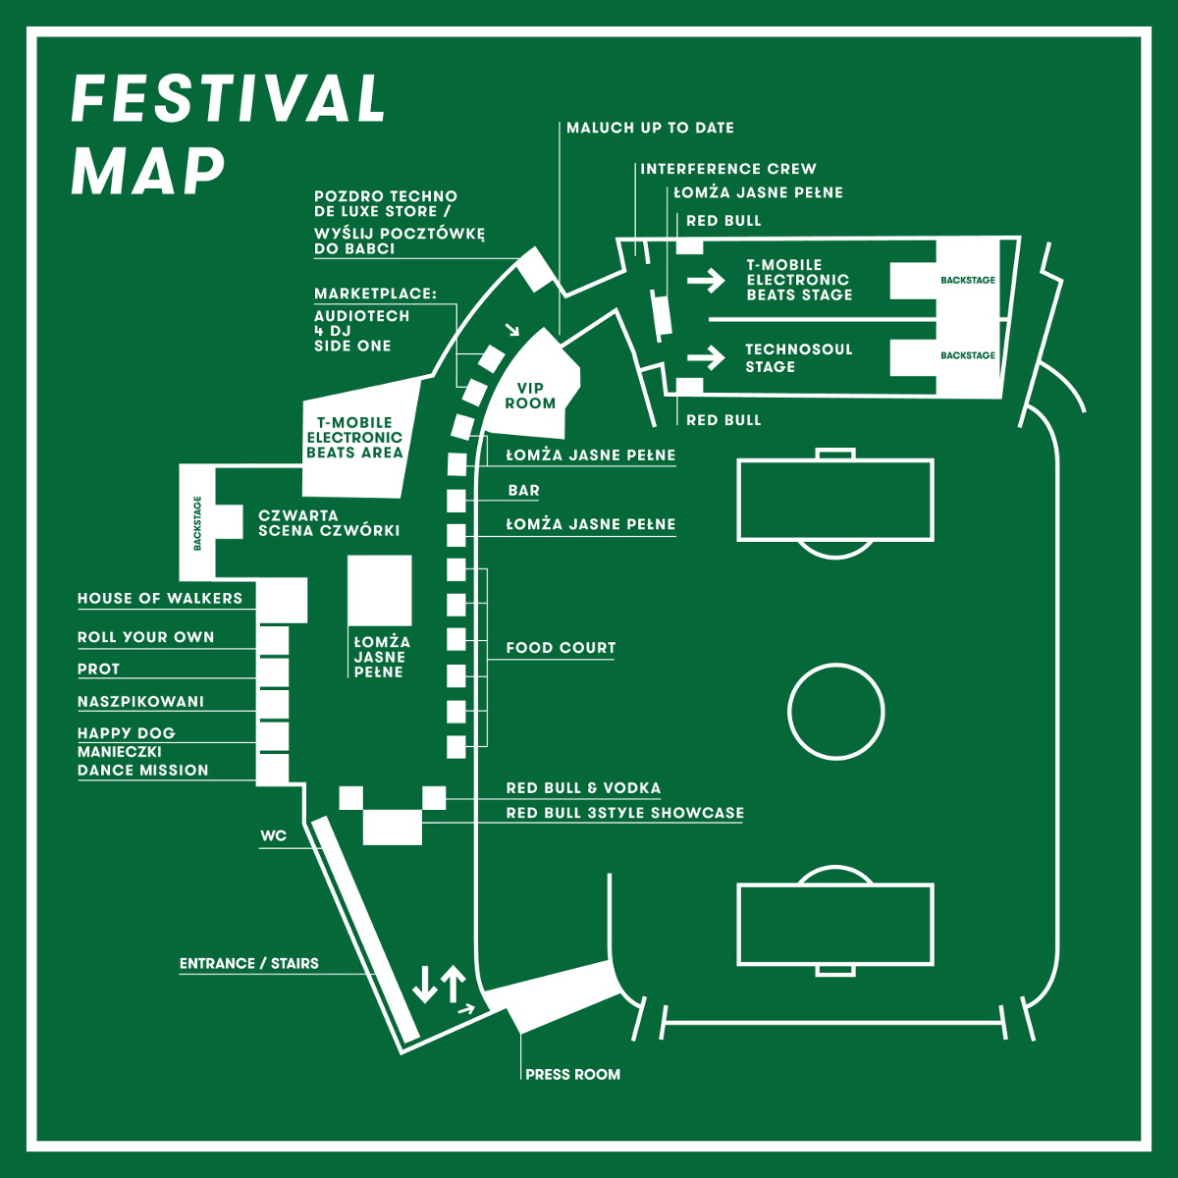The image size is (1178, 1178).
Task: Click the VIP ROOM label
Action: pyautogui.click(x=530, y=396)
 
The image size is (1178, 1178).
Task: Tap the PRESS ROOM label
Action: pyautogui.click(x=572, y=1074)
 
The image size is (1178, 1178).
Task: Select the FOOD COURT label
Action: pyautogui.click(x=561, y=648)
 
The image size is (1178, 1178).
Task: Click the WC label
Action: pyautogui.click(x=274, y=836)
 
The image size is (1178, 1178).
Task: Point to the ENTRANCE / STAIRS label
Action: pyautogui.click(x=249, y=963)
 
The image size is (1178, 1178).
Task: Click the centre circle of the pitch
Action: pyautogui.click(x=836, y=711)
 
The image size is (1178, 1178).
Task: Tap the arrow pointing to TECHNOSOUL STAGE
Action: pyautogui.click(x=705, y=356)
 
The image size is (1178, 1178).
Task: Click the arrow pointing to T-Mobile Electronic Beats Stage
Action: pyautogui.click(x=705, y=282)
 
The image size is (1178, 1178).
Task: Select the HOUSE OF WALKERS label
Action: pyautogui.click(x=160, y=598)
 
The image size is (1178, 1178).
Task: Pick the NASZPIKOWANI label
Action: pyautogui.click(x=141, y=701)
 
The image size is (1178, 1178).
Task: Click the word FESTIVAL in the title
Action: pyautogui.click(x=229, y=99)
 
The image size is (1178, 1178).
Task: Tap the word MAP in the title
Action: pyautogui.click(x=148, y=171)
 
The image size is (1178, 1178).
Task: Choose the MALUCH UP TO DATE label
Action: pyautogui.click(x=650, y=128)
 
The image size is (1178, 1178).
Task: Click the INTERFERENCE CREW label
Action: pyautogui.click(x=728, y=169)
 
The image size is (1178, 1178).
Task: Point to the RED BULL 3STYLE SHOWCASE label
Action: pyautogui.click(x=624, y=813)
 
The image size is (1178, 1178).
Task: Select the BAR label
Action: pyautogui.click(x=523, y=490)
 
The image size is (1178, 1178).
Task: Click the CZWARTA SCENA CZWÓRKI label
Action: pyautogui.click(x=329, y=523)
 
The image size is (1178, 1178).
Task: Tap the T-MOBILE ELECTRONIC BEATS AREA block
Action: pyautogui.click(x=354, y=438)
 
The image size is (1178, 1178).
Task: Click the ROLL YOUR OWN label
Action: pyautogui.click(x=146, y=637)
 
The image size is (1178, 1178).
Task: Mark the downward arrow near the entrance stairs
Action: pyautogui.click(x=425, y=984)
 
